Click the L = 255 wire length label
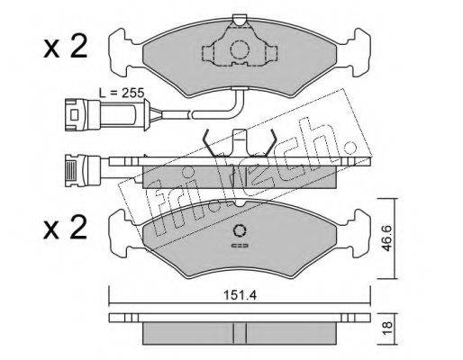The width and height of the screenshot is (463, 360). coord(122,94)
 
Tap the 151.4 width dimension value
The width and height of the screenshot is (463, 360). coord(241,296)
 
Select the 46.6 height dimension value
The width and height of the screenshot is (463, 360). coord(387,238)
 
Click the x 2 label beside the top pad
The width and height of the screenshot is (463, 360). coord(65,48)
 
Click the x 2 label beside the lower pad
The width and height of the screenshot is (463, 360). coord(65,228)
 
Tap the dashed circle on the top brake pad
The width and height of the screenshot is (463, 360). coord(240,49)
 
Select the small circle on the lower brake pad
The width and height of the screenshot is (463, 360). coord(240,230)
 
